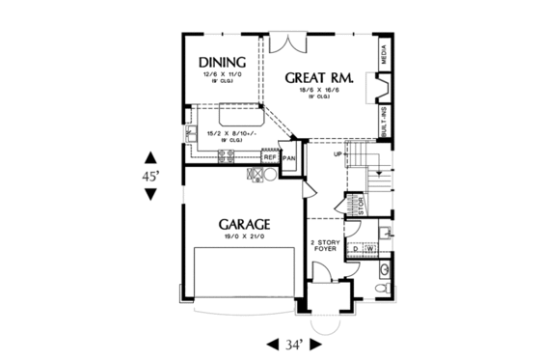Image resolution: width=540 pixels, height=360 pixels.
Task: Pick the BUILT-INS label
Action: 384,123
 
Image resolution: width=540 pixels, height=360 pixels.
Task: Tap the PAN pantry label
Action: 288,158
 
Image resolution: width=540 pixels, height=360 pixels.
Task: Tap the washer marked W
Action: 369,249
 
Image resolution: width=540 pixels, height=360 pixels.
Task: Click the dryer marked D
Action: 355,249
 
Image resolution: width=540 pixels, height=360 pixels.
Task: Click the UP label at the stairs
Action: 338,153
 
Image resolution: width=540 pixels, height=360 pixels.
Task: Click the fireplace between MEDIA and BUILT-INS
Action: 381,89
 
